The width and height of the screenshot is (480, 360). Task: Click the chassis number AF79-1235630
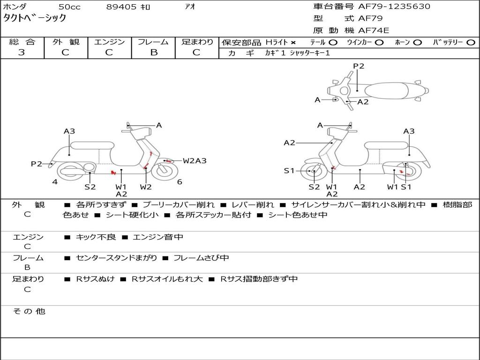pos(388,7)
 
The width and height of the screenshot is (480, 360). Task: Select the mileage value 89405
pos(121,7)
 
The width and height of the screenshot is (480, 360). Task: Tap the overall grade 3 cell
pos(22,52)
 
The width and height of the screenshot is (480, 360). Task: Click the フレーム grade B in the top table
pos(153,52)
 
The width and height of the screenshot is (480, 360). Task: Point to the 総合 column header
pos(22,42)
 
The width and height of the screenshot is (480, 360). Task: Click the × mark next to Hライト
pos(293,42)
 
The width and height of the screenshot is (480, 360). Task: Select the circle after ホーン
pos(418,42)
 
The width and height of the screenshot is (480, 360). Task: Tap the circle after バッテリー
pos(471,42)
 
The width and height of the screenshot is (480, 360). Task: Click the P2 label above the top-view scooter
pos(359,66)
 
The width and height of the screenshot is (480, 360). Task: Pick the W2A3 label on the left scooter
pos(195,161)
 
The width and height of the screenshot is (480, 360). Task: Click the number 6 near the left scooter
pos(180,182)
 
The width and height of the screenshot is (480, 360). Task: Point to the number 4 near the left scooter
pos(55,182)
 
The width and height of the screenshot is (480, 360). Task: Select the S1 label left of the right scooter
pos(290,171)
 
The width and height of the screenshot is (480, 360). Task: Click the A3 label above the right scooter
pos(409,131)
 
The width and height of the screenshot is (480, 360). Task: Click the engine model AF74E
pos(374,30)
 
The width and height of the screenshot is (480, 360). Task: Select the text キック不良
pos(96,237)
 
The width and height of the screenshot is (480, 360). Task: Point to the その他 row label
pos(29,311)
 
